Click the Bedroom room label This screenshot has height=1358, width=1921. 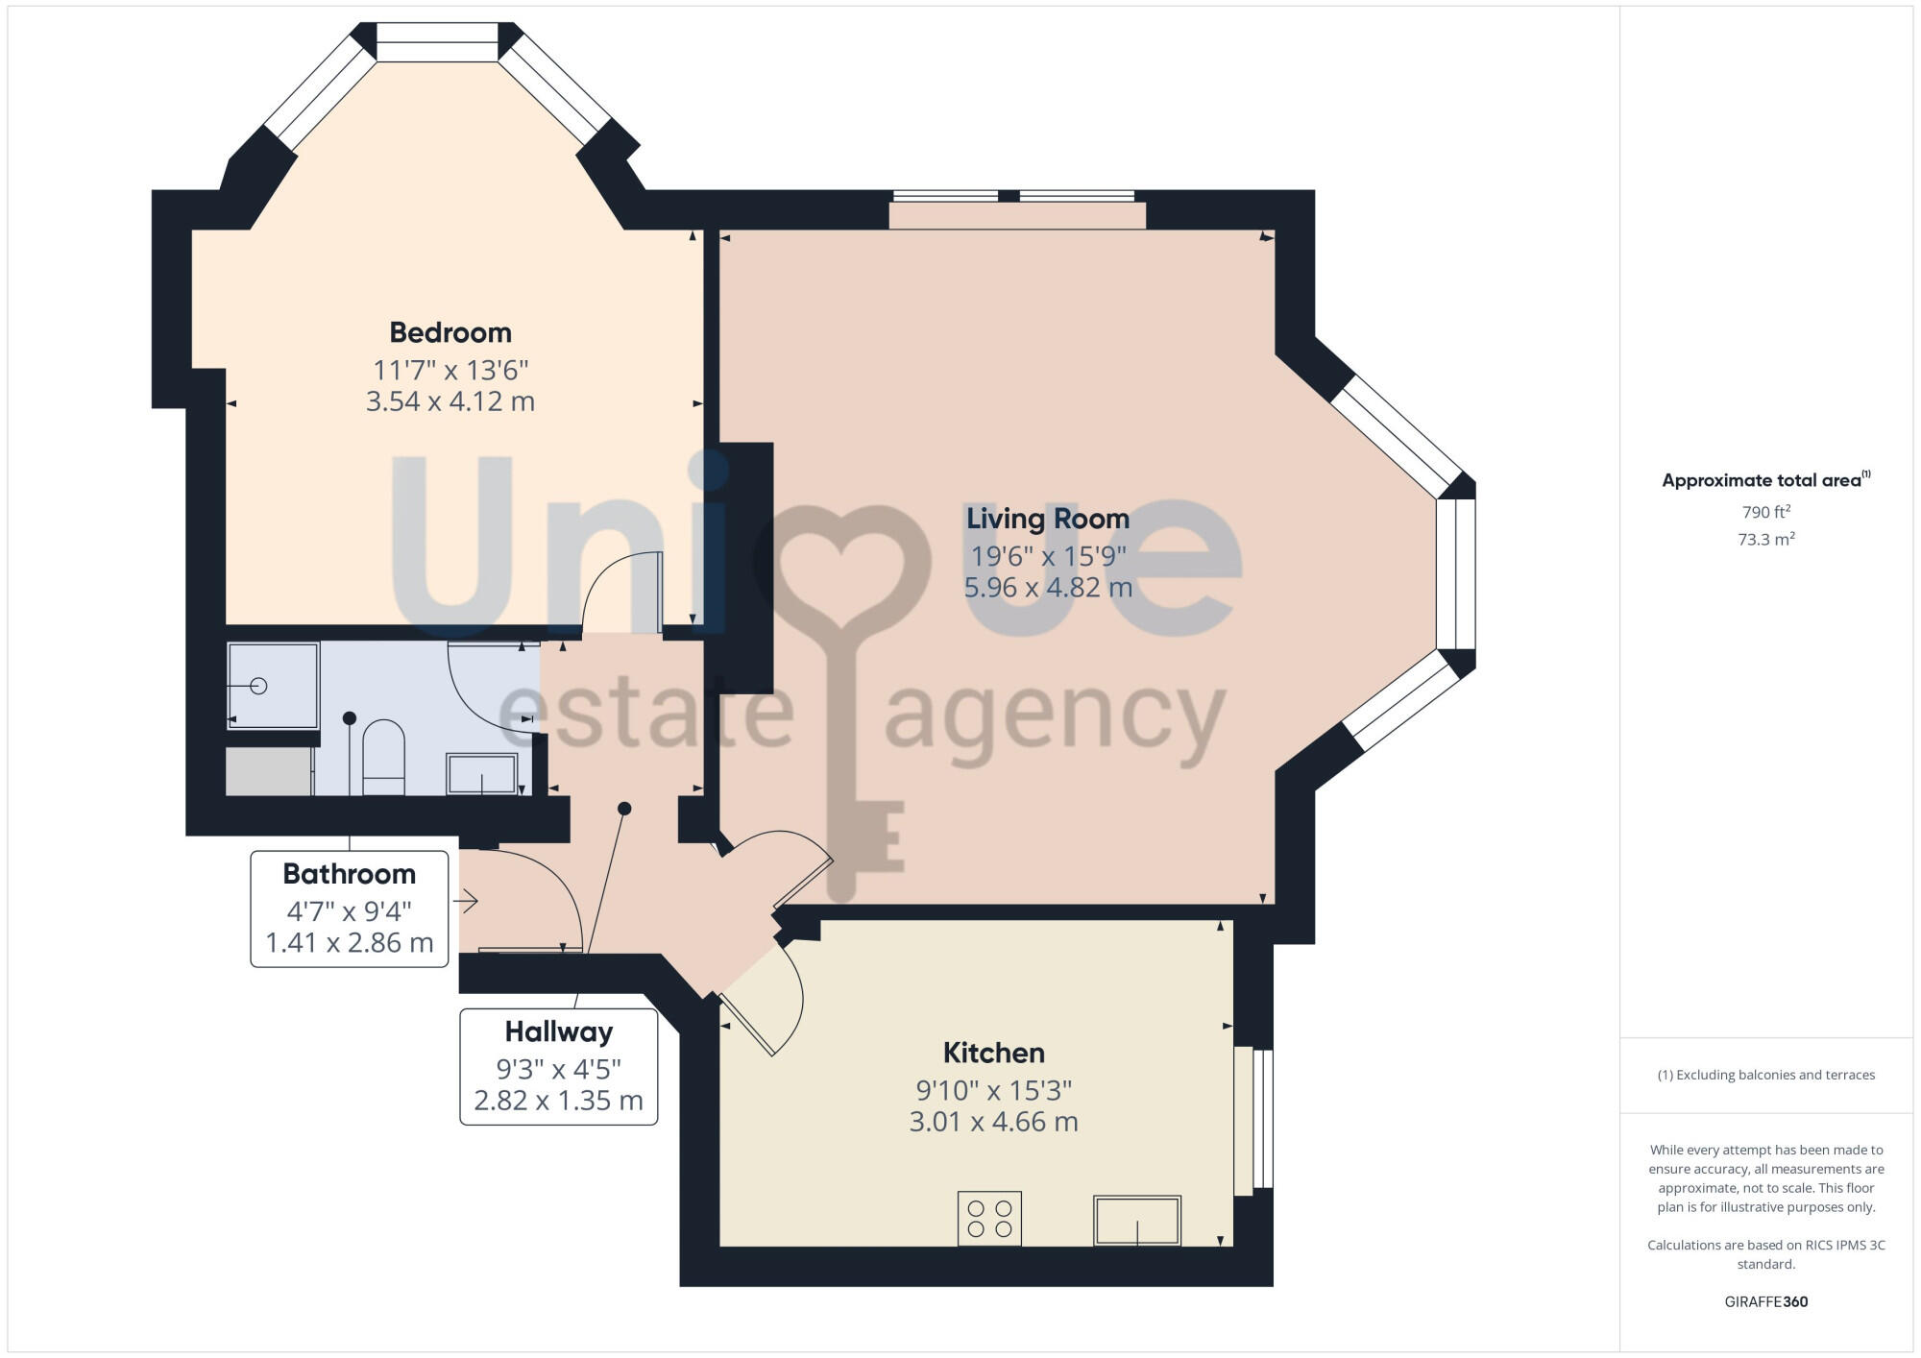pos(450,332)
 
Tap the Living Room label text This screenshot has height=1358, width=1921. pos(1047,519)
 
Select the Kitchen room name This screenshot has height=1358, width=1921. pos(993,1053)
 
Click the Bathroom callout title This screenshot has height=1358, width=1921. pos(349,874)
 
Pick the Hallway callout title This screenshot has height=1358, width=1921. pos(558,1031)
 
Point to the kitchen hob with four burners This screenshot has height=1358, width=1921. pos(989,1219)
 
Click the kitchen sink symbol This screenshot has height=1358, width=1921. pos(1137,1221)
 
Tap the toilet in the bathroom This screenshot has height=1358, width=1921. pos(384,757)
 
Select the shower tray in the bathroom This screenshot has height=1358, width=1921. pos(273,686)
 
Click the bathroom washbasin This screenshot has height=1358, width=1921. pos(482,774)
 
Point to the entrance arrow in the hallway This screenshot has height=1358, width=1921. pos(467,901)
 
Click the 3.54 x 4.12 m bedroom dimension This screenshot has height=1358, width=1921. pos(450,401)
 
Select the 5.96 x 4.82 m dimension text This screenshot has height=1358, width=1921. pos(1047,588)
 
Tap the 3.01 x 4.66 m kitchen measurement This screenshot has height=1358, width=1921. pos(993,1122)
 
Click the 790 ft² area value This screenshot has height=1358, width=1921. pos(1765,512)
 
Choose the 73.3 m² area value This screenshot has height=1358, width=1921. pos(1765,540)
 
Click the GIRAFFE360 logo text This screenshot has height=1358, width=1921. pos(1765,1302)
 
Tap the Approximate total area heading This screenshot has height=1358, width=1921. pos(1763,481)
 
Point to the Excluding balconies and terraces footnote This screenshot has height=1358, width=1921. pos(1765,1076)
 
